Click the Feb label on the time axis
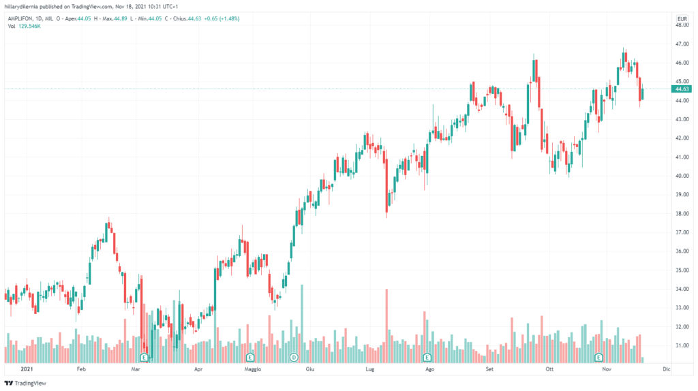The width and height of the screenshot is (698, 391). (80, 369)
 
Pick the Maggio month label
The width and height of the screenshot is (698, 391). (252, 369)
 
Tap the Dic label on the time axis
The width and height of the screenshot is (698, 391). (666, 369)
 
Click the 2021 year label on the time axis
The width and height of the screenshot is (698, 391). (27, 369)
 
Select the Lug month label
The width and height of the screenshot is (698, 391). (370, 369)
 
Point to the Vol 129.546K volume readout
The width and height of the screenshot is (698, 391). (26, 26)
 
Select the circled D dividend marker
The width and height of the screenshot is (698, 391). (294, 357)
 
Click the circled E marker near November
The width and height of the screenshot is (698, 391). (598, 357)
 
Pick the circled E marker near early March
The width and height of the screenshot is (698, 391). (144, 357)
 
